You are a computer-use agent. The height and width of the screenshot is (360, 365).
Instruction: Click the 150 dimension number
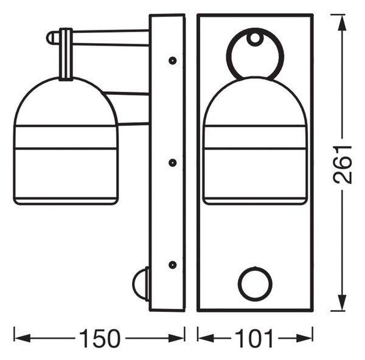pyautogui.click(x=100, y=338)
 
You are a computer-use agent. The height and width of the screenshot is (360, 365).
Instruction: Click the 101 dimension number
pyautogui.click(x=254, y=338)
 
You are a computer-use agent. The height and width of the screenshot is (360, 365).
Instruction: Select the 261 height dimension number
pyautogui.click(x=342, y=165)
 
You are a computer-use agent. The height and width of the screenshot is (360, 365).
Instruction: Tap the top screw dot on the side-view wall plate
pyautogui.click(x=172, y=61)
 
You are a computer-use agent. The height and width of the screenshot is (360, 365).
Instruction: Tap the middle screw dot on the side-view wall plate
pyautogui.click(x=172, y=163)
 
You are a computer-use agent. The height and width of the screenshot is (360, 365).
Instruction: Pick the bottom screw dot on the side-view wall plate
pyautogui.click(x=172, y=265)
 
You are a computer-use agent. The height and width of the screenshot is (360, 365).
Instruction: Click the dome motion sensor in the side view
pyautogui.click(x=141, y=284)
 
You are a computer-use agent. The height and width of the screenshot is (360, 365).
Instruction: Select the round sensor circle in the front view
pyautogui.click(x=255, y=283)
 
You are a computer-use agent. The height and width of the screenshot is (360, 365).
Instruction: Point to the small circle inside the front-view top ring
pyautogui.click(x=255, y=38)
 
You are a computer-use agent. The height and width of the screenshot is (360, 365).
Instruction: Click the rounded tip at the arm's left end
pyautogui.click(x=50, y=38)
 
